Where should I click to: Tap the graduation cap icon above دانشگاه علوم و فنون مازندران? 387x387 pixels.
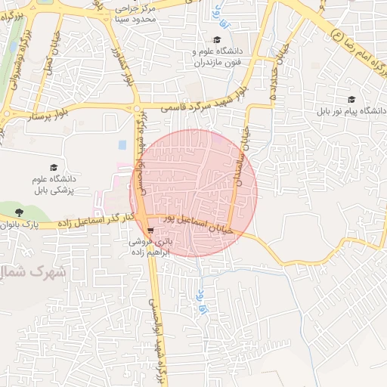click(x=217, y=40)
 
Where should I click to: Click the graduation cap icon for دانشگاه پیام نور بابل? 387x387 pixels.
click(x=351, y=99)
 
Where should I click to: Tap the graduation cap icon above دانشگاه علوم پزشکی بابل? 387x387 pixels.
click(x=53, y=168)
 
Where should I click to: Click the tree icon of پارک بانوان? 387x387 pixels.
click(x=19, y=212)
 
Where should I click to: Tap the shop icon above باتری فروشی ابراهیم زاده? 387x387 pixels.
click(x=151, y=231)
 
